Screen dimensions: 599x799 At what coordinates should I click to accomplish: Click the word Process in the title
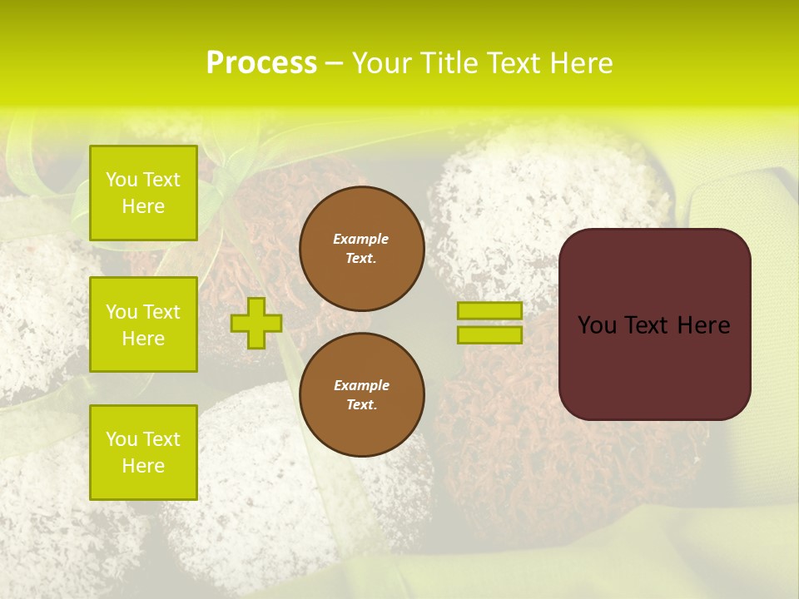click(261, 63)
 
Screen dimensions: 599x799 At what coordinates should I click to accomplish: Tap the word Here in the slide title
click(579, 63)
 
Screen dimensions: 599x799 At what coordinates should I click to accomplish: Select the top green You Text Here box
click(143, 193)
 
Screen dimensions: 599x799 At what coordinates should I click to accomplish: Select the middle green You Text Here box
click(143, 324)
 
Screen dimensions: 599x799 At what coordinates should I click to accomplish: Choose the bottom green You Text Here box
click(143, 453)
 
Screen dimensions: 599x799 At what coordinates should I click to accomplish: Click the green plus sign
click(256, 324)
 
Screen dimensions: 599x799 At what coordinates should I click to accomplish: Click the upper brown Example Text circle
click(361, 249)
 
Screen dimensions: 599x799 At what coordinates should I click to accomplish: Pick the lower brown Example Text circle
click(361, 395)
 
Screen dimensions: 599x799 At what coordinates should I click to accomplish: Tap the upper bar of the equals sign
click(489, 310)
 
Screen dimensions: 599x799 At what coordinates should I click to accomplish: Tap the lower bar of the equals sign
click(489, 334)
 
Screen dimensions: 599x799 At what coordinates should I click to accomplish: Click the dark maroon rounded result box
click(654, 366)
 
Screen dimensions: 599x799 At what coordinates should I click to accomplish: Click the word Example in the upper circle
click(361, 239)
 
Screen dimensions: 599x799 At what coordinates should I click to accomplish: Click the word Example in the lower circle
click(361, 385)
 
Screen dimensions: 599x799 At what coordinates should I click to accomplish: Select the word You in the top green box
click(122, 180)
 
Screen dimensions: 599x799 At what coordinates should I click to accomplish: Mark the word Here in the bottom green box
click(143, 466)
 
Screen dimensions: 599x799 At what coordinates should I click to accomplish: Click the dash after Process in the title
click(335, 64)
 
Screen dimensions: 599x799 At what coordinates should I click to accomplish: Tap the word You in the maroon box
click(596, 325)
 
